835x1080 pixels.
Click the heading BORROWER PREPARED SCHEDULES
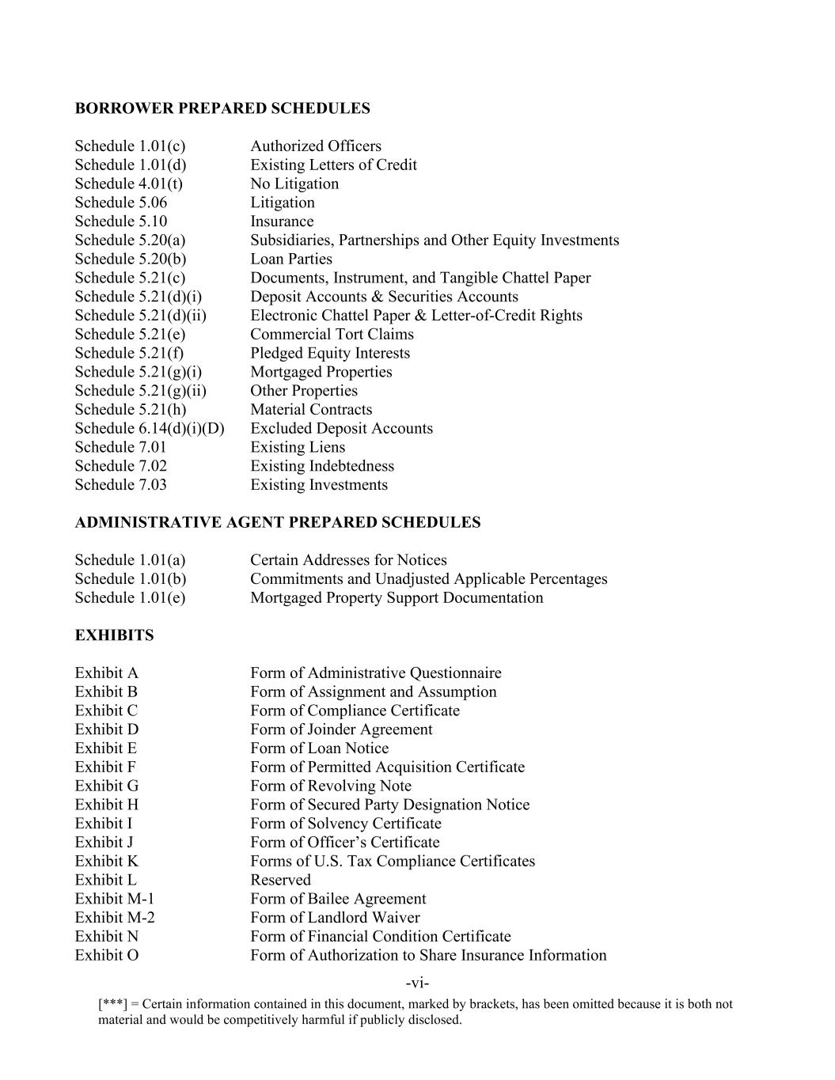(222, 108)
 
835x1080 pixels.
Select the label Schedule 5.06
(121, 203)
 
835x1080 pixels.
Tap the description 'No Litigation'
(294, 184)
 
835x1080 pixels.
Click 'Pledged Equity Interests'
(330, 353)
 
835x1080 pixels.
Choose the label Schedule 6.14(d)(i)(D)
(150, 428)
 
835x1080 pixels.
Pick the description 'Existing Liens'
(298, 447)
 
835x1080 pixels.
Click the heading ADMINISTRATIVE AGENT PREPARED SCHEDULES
(278, 522)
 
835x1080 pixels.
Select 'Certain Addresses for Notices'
(348, 560)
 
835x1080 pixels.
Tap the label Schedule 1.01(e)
(130, 597)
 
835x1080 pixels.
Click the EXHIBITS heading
(114, 635)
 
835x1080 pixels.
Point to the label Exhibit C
(106, 711)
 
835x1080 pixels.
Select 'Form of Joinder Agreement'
(341, 729)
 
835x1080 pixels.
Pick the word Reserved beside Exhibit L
(280, 880)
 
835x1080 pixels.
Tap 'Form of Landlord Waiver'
(335, 918)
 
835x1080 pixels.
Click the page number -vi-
(417, 983)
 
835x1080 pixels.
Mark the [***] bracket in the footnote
(112, 1004)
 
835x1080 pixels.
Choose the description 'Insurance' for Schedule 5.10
(282, 222)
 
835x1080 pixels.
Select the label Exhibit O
(107, 955)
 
